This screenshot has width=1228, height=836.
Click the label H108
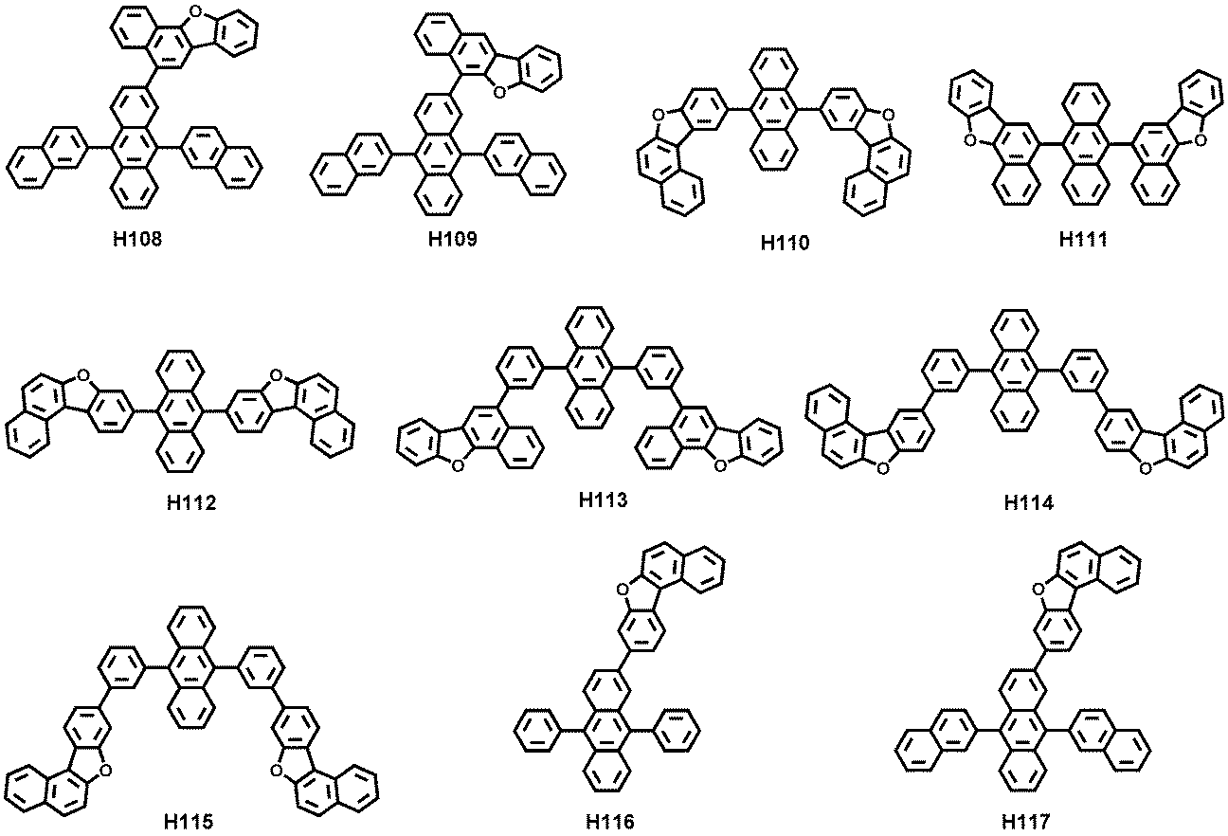(x=137, y=239)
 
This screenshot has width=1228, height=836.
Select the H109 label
(x=453, y=239)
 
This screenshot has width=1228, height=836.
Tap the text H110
(x=786, y=243)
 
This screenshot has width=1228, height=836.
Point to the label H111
(x=1083, y=239)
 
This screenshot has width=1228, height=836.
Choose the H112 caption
(x=191, y=502)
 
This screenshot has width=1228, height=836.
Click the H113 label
(x=603, y=500)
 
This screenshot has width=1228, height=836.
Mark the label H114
(x=1029, y=502)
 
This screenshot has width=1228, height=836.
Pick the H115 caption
(x=189, y=823)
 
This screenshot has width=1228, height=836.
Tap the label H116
(x=610, y=822)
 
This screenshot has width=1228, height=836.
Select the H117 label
(x=1027, y=822)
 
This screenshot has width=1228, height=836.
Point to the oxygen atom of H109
(x=498, y=92)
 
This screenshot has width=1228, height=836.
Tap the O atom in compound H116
(x=622, y=590)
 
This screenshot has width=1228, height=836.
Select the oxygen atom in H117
(x=1038, y=590)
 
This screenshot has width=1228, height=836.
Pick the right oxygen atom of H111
(x=1200, y=141)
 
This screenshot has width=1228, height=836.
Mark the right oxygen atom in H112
(x=277, y=375)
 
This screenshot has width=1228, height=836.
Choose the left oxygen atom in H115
(x=106, y=772)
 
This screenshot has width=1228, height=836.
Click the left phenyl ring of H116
(x=537, y=730)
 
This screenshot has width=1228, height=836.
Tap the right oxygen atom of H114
(x=1146, y=468)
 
